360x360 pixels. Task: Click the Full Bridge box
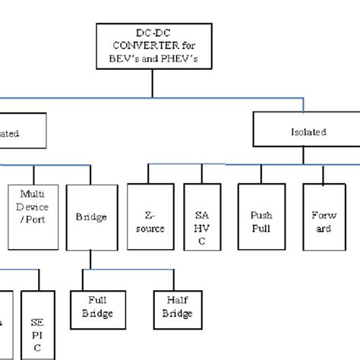coord(96,307)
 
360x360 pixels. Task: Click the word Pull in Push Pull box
coord(261,227)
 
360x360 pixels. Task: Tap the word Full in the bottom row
coord(96,301)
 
